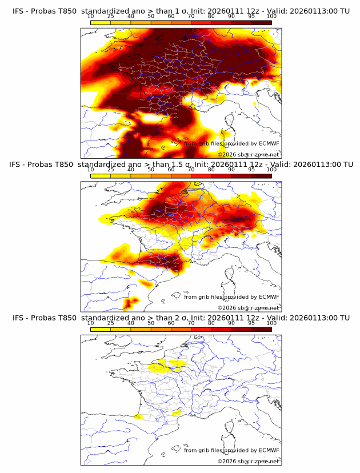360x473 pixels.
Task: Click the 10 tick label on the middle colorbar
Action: coord(90,169)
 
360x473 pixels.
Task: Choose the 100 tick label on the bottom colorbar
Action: coord(271,323)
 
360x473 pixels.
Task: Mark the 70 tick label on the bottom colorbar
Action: coord(191,323)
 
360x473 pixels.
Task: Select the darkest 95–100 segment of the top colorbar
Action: coord(261,22)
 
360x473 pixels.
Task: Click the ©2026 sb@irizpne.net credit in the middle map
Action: coord(249,308)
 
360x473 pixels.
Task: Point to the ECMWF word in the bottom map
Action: coord(269,450)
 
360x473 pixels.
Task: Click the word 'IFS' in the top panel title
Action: coord(18,10)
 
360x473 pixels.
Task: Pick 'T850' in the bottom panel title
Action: coord(66,318)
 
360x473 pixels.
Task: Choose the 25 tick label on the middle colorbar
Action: coord(111,169)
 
